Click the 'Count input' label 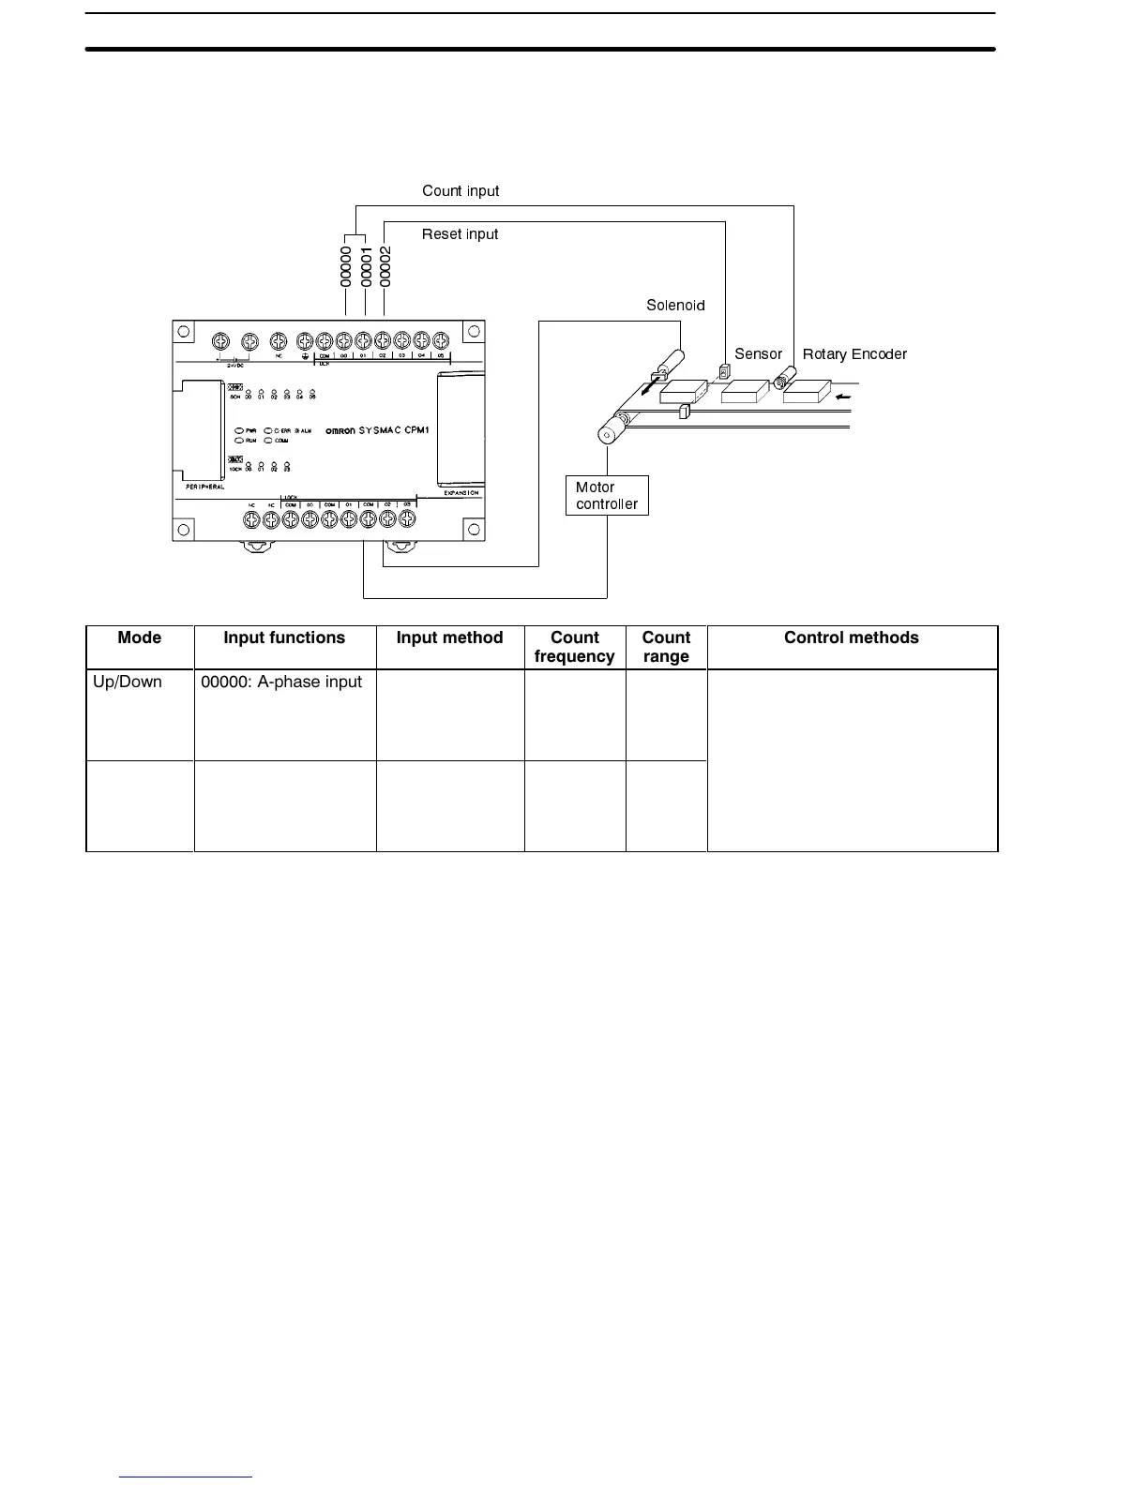point(461,191)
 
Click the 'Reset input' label point(460,234)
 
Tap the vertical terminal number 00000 point(345,266)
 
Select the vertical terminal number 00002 point(385,266)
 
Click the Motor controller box point(607,495)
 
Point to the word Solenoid point(675,306)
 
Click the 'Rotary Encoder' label point(854,354)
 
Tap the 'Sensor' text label point(758,354)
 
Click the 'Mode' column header point(140,638)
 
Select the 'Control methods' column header point(851,638)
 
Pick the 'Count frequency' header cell point(574,647)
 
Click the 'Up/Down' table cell point(128,682)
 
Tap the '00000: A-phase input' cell point(281,682)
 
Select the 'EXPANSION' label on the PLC point(461,492)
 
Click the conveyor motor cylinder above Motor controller point(610,432)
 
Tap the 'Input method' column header point(449,638)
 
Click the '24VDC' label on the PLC point(234,365)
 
